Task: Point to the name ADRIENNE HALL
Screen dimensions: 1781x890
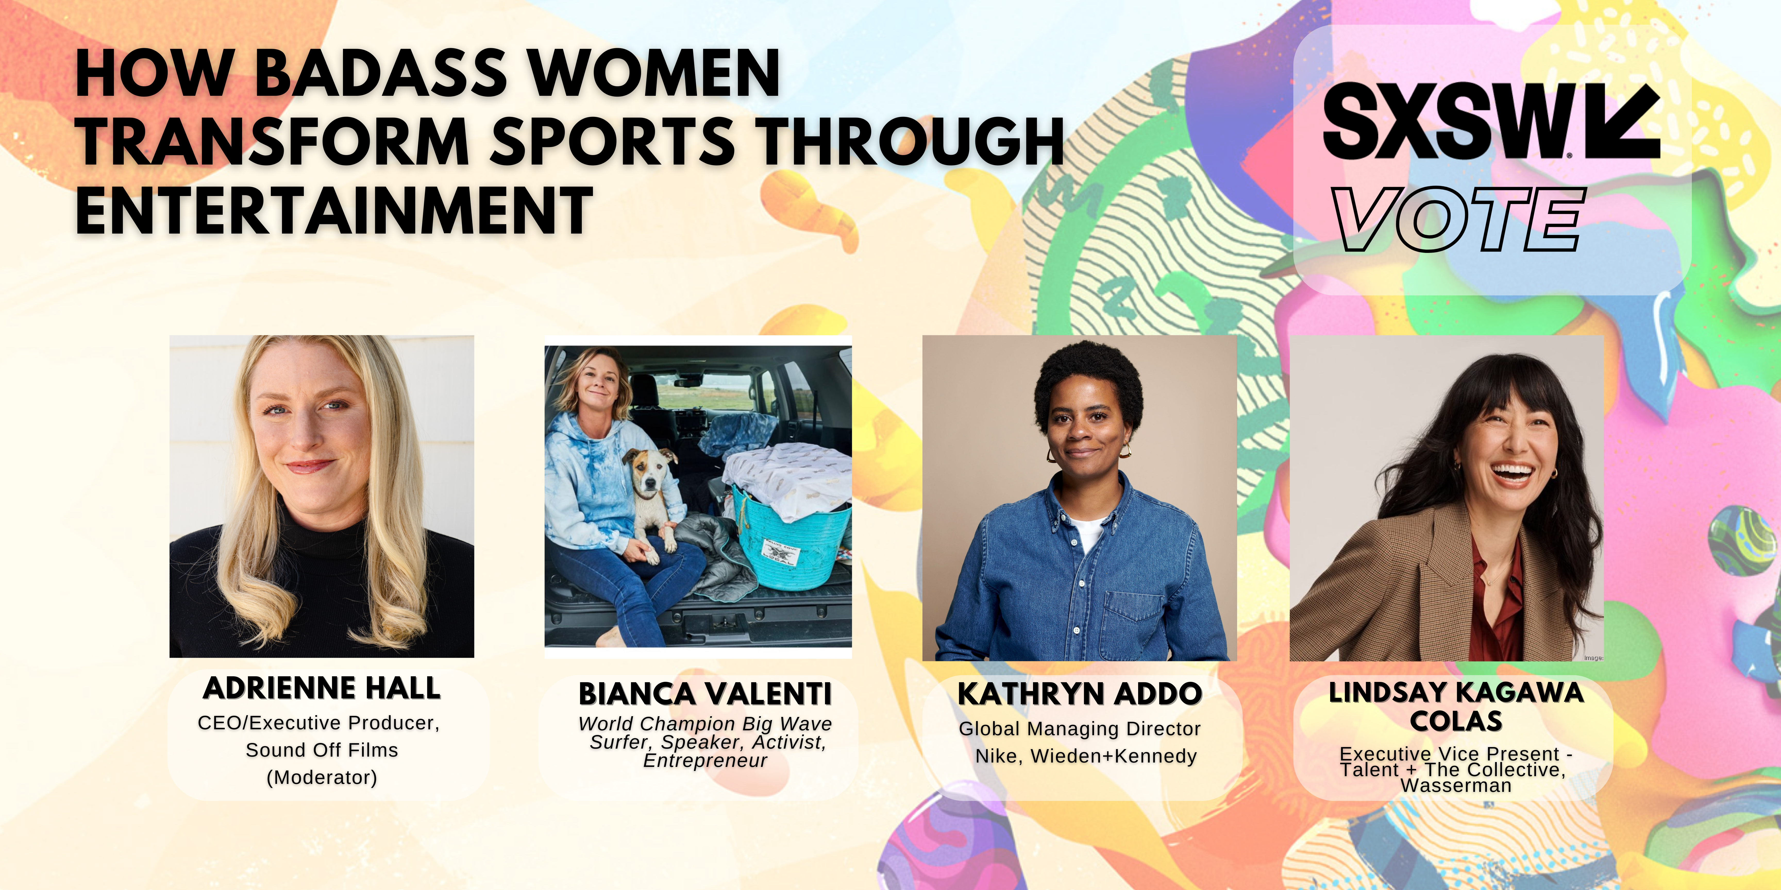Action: [322, 688]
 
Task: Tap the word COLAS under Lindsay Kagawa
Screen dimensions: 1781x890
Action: [1456, 721]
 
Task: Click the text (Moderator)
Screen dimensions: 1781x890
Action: [322, 777]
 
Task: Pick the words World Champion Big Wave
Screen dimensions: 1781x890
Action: [705, 723]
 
